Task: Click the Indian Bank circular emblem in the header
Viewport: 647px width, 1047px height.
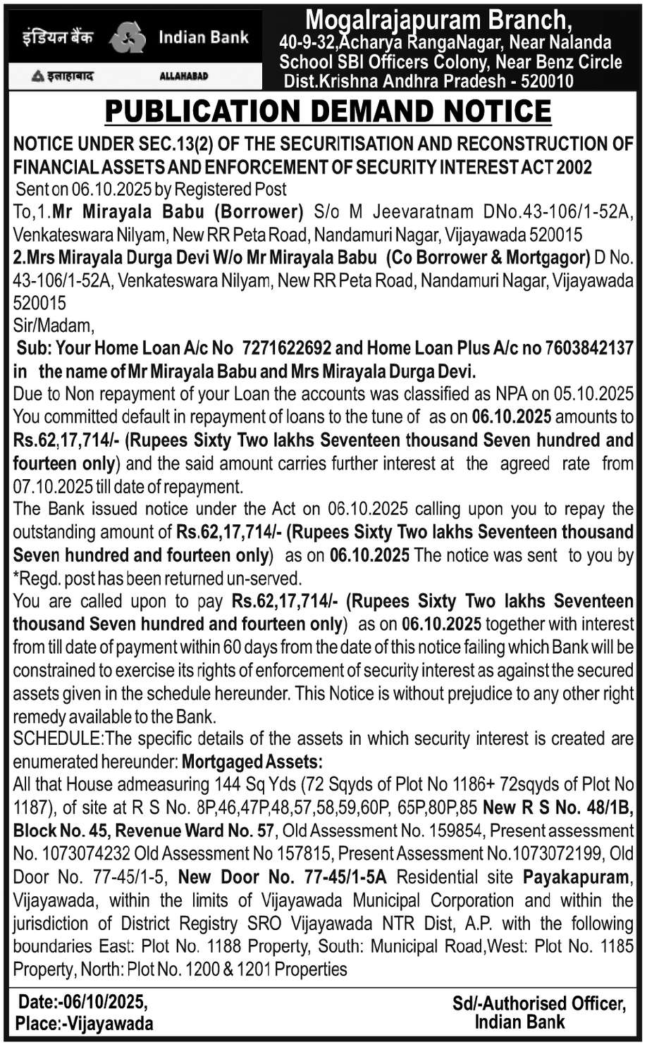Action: click(128, 37)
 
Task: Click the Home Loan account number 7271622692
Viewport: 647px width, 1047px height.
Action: click(288, 348)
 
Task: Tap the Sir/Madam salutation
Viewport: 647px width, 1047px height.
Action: click(53, 326)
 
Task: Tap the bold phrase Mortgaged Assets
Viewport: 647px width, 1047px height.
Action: click(252, 762)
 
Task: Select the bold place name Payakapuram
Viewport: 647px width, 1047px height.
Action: click(576, 878)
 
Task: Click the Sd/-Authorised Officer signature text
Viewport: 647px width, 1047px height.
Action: click(538, 1003)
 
